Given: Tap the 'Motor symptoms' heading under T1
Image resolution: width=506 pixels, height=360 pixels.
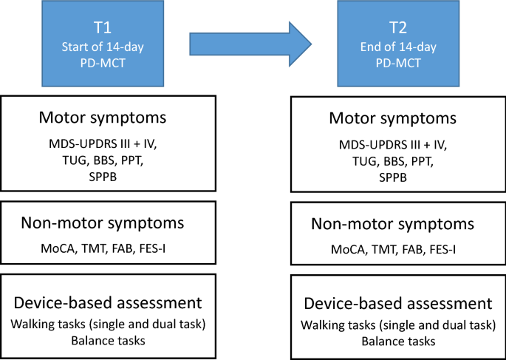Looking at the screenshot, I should (109, 119).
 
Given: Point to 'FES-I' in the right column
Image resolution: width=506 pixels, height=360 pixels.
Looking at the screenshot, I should (440, 249).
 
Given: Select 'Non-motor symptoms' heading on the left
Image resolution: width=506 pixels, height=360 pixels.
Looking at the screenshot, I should (109, 224).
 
